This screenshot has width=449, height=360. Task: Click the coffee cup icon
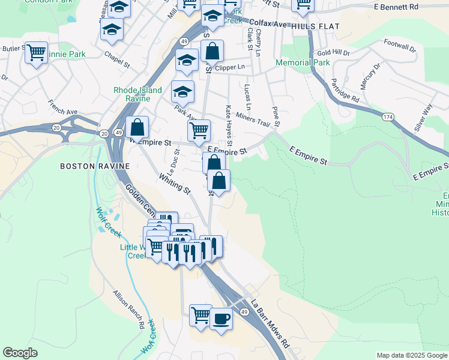[x=220, y=318]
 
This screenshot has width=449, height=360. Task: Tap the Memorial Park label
[x=303, y=62]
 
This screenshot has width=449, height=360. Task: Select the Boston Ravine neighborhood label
[x=87, y=166]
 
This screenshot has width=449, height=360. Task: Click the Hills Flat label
[x=315, y=28]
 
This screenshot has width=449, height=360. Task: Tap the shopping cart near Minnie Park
[x=37, y=53]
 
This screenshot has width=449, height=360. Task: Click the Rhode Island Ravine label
[x=137, y=94]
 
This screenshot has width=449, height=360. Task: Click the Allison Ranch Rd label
[x=128, y=309]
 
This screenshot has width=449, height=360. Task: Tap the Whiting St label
[x=175, y=183]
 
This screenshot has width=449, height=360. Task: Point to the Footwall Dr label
[x=400, y=46]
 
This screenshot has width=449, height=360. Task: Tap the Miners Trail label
[x=253, y=119]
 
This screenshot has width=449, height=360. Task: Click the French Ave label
[x=63, y=107]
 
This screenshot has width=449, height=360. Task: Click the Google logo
[x=20, y=353]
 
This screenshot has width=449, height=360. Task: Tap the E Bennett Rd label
[x=395, y=7]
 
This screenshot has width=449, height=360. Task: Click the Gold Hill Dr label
[x=337, y=53]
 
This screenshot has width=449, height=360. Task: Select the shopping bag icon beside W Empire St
[x=137, y=127]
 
